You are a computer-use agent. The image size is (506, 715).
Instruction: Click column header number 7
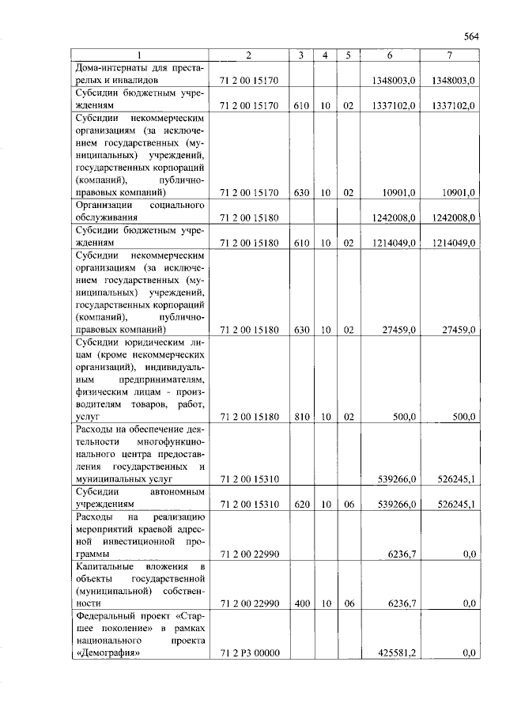coord(449,55)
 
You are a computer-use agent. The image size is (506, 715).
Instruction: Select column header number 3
coord(301,55)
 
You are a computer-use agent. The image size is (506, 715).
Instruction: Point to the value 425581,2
coord(394,653)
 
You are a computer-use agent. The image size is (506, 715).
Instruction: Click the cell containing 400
coord(301,603)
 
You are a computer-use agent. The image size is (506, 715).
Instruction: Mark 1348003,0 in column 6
coord(394,81)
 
